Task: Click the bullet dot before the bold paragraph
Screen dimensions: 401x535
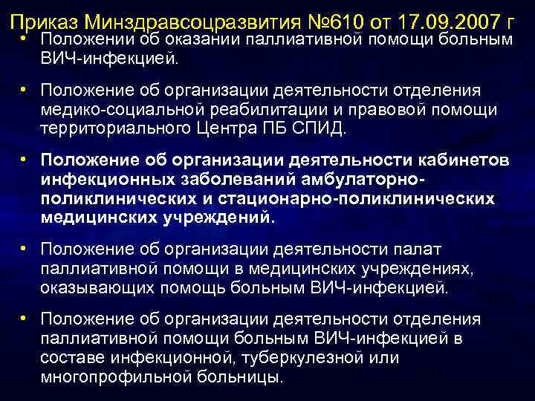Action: pyautogui.click(x=25, y=161)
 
